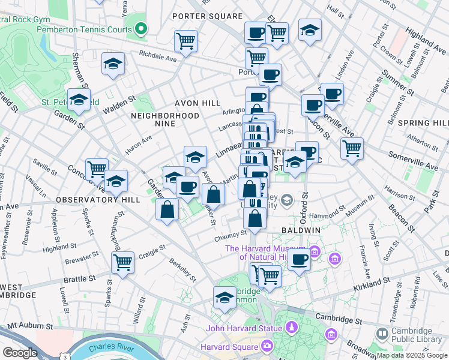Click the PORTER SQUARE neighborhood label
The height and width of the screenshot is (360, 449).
(x=207, y=16)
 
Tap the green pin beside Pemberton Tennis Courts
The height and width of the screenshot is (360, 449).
(x=141, y=28)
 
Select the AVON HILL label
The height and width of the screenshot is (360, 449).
(x=197, y=103)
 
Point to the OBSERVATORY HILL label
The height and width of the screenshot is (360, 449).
(x=98, y=199)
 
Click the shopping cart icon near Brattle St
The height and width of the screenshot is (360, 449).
(x=122, y=262)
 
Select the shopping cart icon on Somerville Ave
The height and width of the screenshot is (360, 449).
(x=352, y=147)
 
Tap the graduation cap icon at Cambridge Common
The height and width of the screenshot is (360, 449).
(x=224, y=297)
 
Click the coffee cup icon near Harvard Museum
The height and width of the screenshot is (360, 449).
(x=299, y=259)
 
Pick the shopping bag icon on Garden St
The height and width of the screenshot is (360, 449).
(x=168, y=209)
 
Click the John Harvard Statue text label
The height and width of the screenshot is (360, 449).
(x=244, y=328)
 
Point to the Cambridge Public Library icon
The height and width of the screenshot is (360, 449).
(x=381, y=333)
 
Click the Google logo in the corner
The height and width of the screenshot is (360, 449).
(x=19, y=353)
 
